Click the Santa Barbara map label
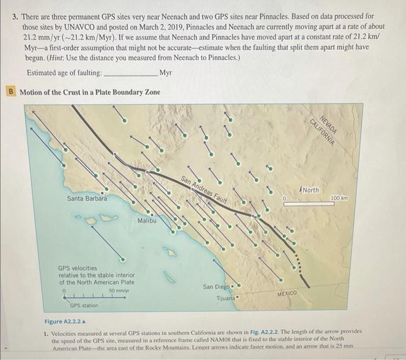point(86,199)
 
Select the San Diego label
point(216,287)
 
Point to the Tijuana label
point(227,298)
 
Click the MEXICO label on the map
point(287,294)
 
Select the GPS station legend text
point(84,305)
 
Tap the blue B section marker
point(10,92)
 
